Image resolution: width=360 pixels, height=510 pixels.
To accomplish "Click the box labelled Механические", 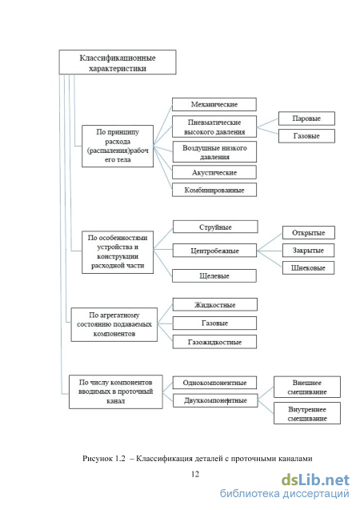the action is click(214, 104).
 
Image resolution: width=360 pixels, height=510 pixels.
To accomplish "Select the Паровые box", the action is click(306, 118).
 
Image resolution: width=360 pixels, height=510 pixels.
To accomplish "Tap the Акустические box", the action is click(214, 172).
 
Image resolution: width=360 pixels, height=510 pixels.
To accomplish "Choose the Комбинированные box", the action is click(214, 190).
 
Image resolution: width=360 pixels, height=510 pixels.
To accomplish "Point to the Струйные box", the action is click(215, 227).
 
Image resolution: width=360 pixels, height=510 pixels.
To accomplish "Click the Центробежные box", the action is click(214, 251).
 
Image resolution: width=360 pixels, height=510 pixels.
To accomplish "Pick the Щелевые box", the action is click(214, 275).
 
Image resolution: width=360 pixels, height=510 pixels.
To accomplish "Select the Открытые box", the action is click(308, 233).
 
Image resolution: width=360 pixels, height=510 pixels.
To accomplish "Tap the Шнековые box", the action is click(308, 268).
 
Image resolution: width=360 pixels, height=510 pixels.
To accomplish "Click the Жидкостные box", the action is click(214, 305).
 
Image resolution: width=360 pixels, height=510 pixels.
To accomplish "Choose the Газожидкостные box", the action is click(214, 342).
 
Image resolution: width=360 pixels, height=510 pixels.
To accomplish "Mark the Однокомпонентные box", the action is click(214, 383).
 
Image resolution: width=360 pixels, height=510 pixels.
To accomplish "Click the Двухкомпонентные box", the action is click(215, 400).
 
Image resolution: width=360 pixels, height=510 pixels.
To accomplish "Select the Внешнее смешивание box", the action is click(307, 387).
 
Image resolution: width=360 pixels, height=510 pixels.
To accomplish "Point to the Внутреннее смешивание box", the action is click(307, 413).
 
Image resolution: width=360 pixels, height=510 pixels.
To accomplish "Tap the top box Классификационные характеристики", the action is click(118, 62).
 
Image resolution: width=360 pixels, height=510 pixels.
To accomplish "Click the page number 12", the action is click(195, 474).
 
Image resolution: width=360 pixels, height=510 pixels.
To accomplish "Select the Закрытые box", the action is click(308, 251).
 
